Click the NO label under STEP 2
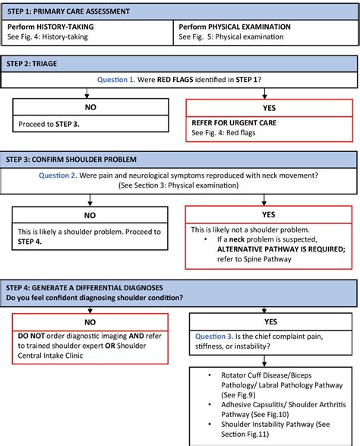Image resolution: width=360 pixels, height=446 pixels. coord(90,108)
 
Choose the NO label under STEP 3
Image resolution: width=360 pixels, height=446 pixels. coord(90,215)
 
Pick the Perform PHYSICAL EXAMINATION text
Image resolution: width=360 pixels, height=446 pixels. coord(235,27)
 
